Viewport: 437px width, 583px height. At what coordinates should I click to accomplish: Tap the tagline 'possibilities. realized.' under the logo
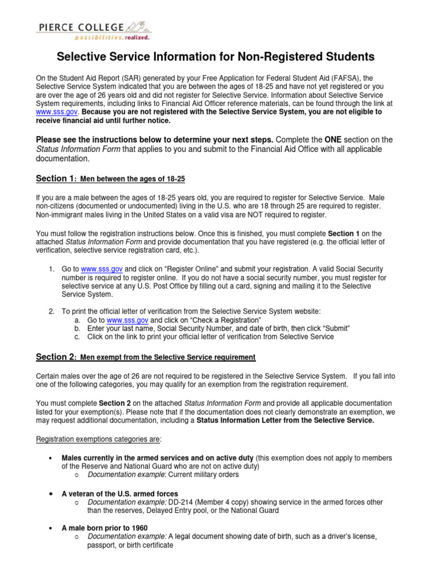112,38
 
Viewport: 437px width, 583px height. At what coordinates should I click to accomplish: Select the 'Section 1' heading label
55,179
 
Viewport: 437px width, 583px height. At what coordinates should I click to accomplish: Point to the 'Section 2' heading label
55,357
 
